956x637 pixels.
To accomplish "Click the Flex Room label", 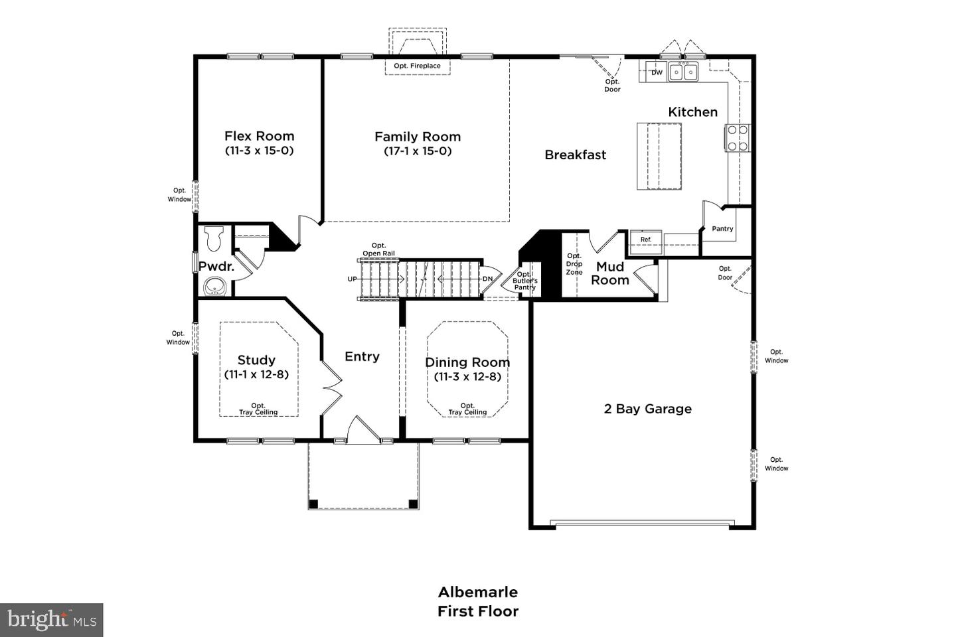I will click(259, 136).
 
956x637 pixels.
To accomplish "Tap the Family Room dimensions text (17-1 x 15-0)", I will click(418, 151).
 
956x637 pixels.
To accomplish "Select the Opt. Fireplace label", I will click(417, 66).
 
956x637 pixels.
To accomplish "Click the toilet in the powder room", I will click(214, 238).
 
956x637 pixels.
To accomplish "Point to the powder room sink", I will click(214, 287).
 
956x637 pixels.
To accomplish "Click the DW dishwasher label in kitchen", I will click(657, 72).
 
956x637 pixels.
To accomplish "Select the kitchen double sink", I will click(683, 71).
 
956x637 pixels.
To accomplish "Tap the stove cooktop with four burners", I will click(737, 138).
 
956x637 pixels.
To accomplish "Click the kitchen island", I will click(659, 156).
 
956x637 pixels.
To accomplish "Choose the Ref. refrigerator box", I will click(646, 240).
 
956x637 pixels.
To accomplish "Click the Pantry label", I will click(722, 229).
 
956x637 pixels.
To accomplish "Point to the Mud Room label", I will click(610, 273).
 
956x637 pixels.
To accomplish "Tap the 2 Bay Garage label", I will click(647, 409).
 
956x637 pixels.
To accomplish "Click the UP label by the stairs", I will click(352, 279).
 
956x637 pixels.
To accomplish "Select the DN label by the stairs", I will click(487, 279).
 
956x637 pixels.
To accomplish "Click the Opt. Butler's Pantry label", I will click(524, 281).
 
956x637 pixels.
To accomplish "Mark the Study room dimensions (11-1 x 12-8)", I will click(256, 374).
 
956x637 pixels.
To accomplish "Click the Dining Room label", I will click(467, 362).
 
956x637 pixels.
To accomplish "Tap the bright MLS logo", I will click(52, 620).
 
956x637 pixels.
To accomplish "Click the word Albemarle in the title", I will click(477, 592).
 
